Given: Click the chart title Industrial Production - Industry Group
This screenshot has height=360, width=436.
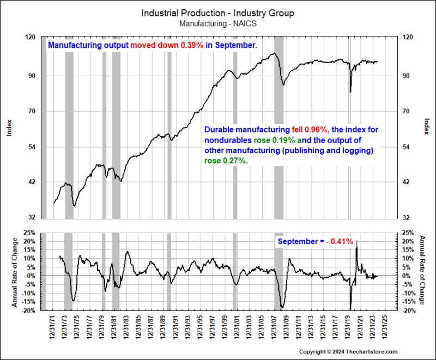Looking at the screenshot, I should (218, 13).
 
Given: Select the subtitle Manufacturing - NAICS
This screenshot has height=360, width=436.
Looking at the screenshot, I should (217, 23).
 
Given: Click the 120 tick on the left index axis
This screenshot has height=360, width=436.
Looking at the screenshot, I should (31, 37).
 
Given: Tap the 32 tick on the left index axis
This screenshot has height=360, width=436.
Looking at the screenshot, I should (32, 217).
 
